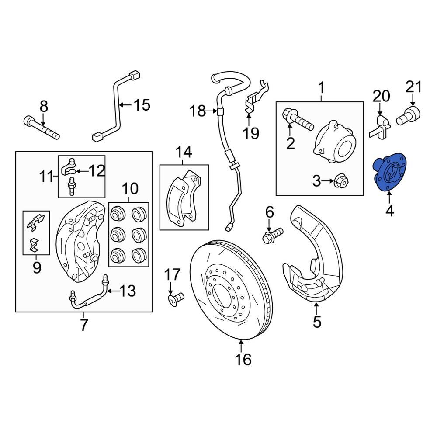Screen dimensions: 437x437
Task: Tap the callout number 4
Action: (x=389, y=212)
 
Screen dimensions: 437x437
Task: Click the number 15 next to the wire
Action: (x=141, y=105)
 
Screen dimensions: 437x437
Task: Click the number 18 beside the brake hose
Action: (x=198, y=111)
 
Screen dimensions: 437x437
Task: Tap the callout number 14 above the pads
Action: (x=184, y=153)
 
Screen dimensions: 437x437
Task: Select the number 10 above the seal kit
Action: (x=130, y=189)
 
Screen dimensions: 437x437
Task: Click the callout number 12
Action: (x=97, y=171)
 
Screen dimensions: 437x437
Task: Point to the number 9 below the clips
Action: (x=36, y=267)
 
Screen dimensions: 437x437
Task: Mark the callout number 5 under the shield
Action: (x=317, y=323)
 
